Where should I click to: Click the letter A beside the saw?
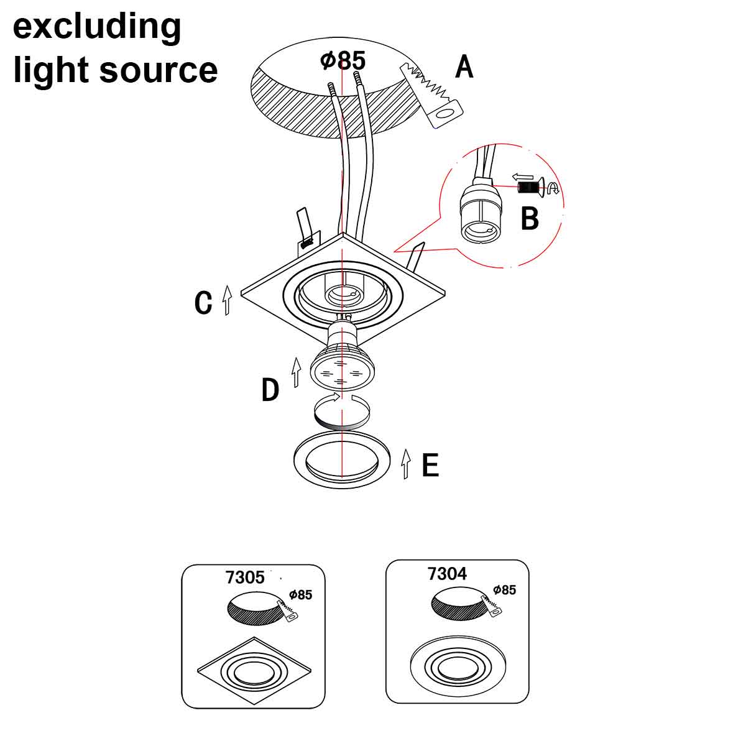464,67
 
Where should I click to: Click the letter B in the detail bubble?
530,218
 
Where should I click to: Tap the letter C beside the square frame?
203,303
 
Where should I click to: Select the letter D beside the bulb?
270,390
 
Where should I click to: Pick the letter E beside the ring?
430,465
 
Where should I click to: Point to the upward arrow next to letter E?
406,464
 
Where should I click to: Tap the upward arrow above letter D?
297,372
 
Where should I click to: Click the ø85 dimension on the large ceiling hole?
343,60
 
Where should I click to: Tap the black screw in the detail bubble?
527,186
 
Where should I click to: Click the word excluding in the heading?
97,27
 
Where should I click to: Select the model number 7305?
245,578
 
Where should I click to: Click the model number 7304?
447,573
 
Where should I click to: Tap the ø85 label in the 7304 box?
504,589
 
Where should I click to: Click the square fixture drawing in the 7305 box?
254,671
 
